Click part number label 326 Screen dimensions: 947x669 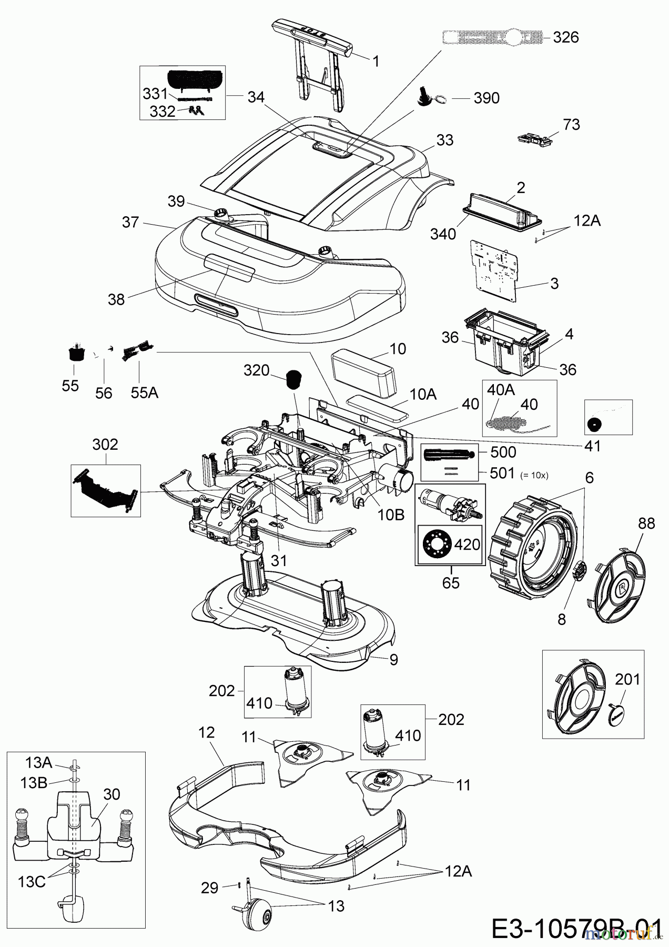coord(566,37)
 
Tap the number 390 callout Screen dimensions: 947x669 coord(486,98)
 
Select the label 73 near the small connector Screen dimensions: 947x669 coord(571,124)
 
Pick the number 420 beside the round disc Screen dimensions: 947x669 coord(467,543)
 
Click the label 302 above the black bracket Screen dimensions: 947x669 coord(105,445)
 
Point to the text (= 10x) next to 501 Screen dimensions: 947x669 coord(534,475)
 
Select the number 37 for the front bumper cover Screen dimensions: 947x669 coord(130,222)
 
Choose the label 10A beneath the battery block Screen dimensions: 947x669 coord(423,394)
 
